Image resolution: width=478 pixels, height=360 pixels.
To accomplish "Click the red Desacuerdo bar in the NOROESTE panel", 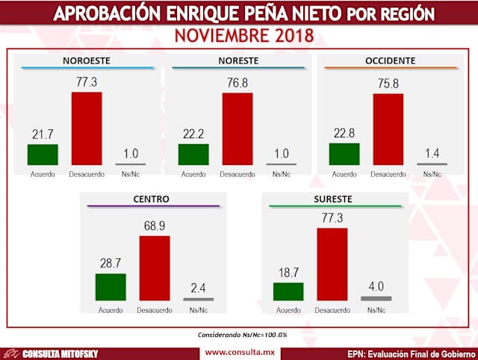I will (87, 128).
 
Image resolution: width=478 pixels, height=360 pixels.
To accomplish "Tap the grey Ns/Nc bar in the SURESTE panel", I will (375, 298).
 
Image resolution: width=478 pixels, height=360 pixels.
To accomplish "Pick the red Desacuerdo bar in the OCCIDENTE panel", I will (388, 129).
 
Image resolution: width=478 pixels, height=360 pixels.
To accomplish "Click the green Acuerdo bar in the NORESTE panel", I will (193, 154).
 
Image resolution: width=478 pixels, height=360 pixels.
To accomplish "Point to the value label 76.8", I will (238, 83).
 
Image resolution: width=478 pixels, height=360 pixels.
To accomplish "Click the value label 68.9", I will (155, 225).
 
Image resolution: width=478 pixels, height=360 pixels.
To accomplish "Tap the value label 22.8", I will (344, 133).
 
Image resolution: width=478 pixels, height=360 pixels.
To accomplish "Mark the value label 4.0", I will (375, 285).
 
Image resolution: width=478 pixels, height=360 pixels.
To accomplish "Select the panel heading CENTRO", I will (152, 199).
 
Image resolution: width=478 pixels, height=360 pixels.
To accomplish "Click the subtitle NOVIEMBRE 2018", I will (240, 36).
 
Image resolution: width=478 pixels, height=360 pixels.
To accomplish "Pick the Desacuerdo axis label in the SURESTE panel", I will (332, 310).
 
